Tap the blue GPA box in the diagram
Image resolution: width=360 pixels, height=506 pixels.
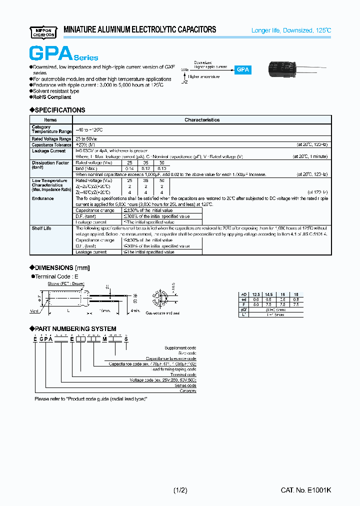(x=243, y=70)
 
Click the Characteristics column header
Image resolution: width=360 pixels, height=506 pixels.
(x=202, y=120)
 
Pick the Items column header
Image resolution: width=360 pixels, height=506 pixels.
(x=50, y=120)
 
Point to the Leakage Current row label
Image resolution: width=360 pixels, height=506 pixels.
(x=48, y=151)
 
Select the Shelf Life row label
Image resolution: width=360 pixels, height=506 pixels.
(x=41, y=228)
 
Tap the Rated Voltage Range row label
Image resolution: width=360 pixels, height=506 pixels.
(x=51, y=139)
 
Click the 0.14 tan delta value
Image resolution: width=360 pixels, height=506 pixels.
(x=129, y=168)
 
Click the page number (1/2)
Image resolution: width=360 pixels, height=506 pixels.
(x=180, y=490)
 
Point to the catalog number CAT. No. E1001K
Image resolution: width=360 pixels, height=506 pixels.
(x=305, y=490)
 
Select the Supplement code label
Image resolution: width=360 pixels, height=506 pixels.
(x=180, y=348)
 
